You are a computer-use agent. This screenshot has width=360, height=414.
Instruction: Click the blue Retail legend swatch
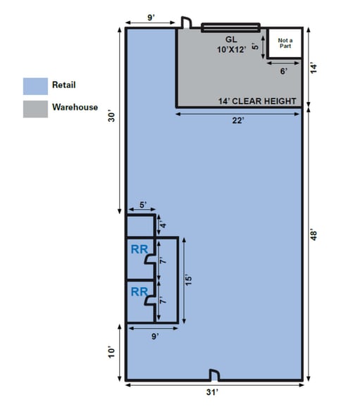(x=35, y=86)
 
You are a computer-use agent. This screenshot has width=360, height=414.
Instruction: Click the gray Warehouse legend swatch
(x=35, y=108)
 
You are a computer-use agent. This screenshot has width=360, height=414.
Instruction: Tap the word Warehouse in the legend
(x=75, y=108)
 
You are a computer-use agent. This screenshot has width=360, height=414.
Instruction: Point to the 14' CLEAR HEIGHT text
(x=257, y=101)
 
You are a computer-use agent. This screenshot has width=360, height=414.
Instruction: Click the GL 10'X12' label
(x=231, y=44)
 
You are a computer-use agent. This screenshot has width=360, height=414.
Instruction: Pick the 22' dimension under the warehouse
(x=238, y=120)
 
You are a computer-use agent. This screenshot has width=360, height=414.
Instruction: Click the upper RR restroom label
(x=139, y=249)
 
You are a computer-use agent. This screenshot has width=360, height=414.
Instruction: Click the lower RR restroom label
(x=139, y=291)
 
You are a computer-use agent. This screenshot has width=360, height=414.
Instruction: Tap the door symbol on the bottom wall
(x=214, y=374)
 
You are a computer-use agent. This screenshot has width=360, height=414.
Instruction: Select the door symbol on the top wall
(x=187, y=23)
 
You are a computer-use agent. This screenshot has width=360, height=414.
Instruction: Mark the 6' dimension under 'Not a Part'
(x=285, y=70)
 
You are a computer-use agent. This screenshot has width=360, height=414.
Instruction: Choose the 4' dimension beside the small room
(x=161, y=226)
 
